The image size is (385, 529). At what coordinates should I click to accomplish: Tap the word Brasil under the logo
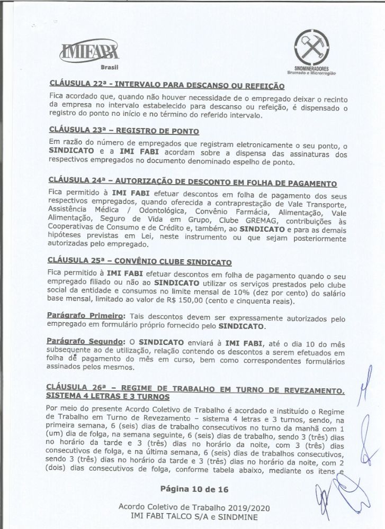109,68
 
